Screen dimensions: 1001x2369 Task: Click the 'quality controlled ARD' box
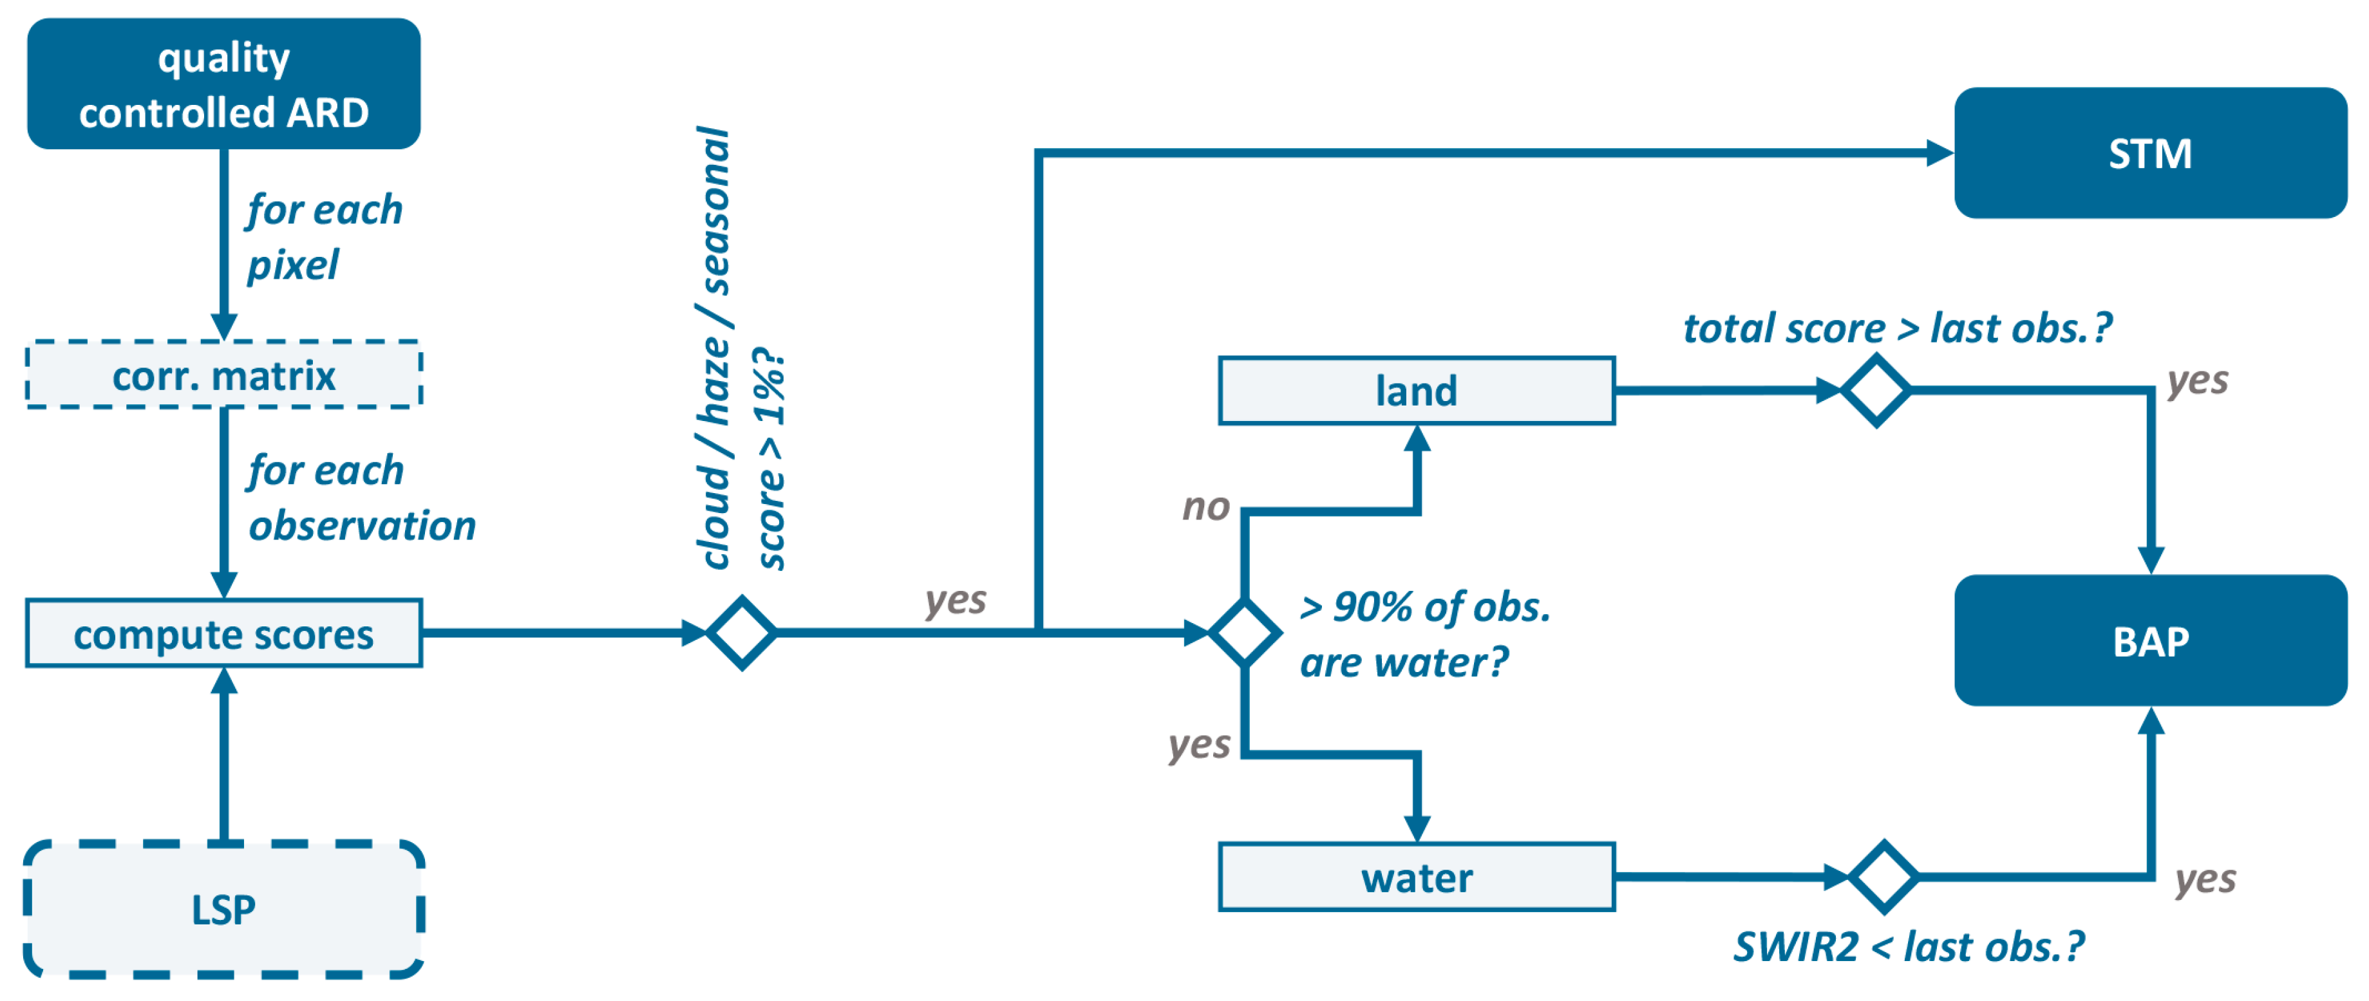[223, 84]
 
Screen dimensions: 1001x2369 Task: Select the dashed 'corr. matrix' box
[223, 375]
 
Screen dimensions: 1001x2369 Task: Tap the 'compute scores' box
[223, 633]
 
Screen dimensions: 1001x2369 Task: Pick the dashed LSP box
[223, 909]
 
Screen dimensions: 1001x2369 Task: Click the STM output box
[2149, 153]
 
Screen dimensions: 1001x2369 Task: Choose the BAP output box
[2149, 641]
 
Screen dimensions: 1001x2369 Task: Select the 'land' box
[1416, 391]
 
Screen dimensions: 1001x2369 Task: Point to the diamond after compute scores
[741, 632]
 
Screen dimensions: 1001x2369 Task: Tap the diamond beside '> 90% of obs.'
[1244, 632]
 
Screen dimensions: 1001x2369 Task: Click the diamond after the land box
[1876, 391]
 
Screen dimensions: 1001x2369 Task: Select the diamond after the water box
[1882, 877]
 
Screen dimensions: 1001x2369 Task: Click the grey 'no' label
[1205, 507]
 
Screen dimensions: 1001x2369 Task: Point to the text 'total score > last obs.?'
[1897, 328]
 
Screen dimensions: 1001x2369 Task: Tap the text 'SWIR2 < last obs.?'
[1908, 947]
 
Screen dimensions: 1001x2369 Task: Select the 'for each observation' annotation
[361, 498]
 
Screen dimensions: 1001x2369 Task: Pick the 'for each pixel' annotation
[324, 237]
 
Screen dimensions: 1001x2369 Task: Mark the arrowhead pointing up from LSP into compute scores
[223, 681]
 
